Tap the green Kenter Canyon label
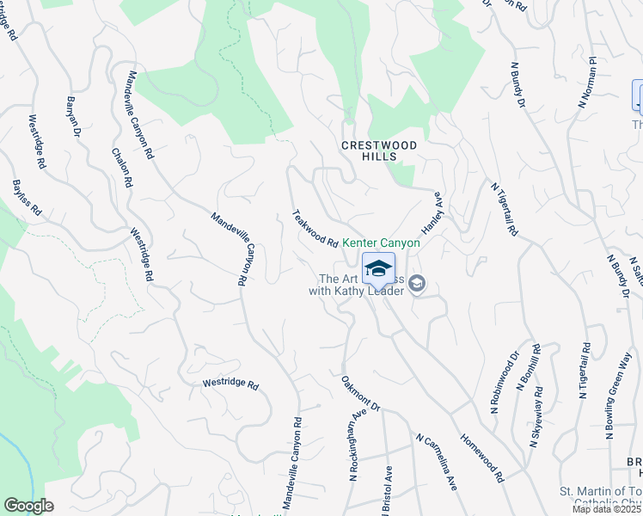point(382,243)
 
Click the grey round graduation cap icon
point(417,283)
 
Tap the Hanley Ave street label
point(432,212)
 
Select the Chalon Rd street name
point(122,167)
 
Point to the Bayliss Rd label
point(27,197)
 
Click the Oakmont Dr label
point(360,392)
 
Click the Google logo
point(28,506)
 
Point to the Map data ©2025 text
point(607,509)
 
